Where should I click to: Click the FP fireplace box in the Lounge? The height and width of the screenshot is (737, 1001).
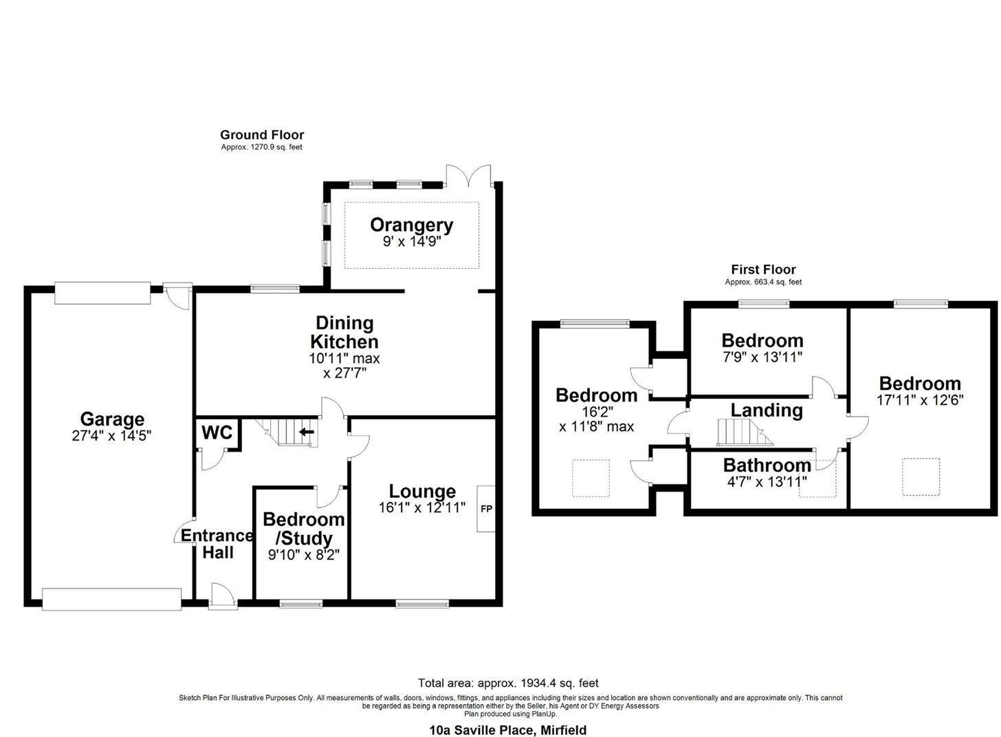tap(486, 509)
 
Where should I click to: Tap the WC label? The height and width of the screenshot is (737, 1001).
tap(217, 433)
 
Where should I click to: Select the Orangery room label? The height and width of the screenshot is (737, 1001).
tap(411, 225)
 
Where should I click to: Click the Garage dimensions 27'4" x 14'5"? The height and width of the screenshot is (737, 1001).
tap(112, 435)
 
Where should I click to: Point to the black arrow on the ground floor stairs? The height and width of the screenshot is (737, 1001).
tap(307, 432)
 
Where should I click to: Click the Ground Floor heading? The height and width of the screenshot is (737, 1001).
tap(262, 135)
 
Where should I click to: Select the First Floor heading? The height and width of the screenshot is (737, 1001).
tap(763, 269)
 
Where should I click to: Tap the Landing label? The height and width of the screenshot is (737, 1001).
tap(767, 410)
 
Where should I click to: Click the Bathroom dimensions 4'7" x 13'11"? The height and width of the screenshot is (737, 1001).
tap(767, 482)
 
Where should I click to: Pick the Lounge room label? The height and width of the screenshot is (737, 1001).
tap(422, 491)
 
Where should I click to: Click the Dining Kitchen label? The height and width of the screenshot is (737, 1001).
tap(344, 332)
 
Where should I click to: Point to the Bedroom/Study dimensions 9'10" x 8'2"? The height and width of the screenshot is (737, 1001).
tap(303, 554)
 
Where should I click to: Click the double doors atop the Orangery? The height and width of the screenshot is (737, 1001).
tap(468, 176)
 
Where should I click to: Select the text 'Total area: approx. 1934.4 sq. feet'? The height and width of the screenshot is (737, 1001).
tap(508, 683)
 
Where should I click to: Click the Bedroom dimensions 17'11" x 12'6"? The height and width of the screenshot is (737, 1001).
tap(920, 399)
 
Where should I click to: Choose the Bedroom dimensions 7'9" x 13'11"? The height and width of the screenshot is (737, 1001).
tap(762, 357)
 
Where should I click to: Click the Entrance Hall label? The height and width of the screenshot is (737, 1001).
tap(217, 544)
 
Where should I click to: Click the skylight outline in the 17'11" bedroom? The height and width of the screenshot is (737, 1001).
tap(921, 476)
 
